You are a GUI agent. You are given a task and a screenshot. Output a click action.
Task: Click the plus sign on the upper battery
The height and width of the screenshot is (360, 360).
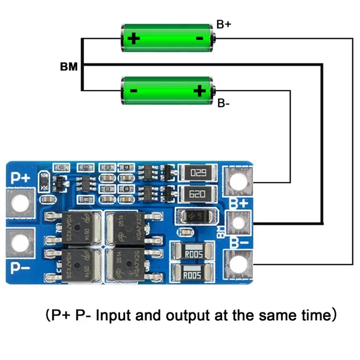click(x=134, y=38)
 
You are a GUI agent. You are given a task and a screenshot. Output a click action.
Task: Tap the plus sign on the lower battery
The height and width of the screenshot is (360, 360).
click(x=199, y=91)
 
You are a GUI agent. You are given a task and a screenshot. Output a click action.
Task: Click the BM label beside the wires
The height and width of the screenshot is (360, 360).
click(x=68, y=67)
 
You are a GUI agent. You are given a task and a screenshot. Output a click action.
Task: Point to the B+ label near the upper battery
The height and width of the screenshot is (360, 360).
click(x=224, y=25)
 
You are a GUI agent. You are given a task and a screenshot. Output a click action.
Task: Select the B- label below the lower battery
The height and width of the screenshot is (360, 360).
click(x=224, y=104)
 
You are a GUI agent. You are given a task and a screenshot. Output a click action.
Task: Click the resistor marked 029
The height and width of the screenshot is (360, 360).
click(x=198, y=172)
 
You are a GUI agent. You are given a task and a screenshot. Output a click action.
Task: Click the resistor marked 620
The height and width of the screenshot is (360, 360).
click(x=198, y=194)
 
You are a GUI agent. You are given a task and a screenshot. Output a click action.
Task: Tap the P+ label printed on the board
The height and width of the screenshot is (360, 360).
click(x=20, y=178)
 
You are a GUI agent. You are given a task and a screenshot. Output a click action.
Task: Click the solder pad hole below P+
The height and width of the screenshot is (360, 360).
click(x=20, y=203)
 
